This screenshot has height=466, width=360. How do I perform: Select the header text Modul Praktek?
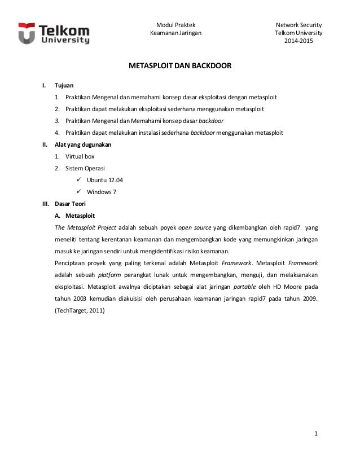[x=175, y=25]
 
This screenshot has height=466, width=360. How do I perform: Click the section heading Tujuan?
[x=64, y=86]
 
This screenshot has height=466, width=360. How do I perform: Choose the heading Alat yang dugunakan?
[x=82, y=145]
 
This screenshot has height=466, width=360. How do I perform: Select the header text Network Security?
[x=298, y=25]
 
